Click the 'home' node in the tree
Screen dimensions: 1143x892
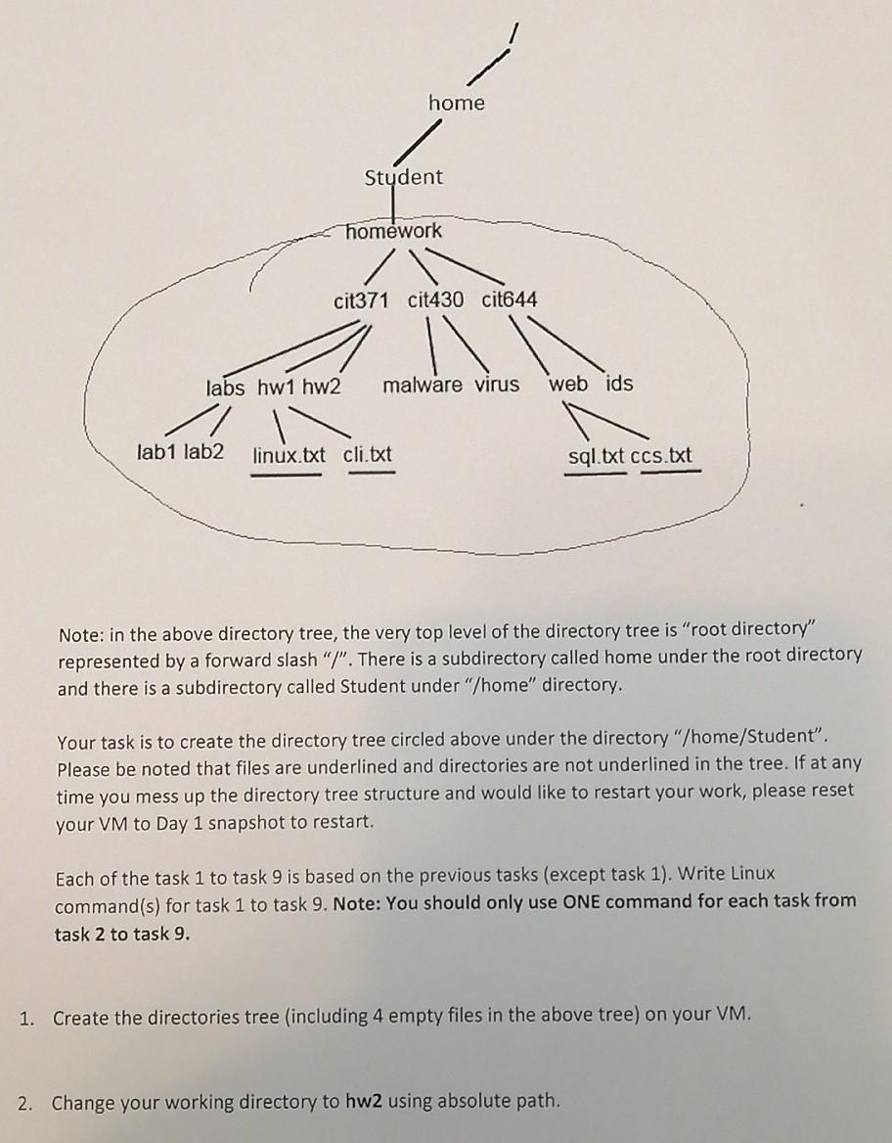click(456, 103)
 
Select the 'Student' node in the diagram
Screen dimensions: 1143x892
click(403, 177)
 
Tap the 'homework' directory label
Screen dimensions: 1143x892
click(395, 231)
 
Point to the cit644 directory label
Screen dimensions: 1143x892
click(510, 299)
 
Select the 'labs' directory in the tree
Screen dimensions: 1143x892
click(226, 388)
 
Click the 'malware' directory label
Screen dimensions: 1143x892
click(423, 385)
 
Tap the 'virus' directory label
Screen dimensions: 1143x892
click(497, 384)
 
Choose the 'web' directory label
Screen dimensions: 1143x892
click(568, 384)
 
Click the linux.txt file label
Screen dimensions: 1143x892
click(289, 455)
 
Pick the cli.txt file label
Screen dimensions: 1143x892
click(368, 455)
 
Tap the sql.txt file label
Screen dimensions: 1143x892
click(597, 456)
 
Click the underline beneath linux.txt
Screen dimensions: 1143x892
click(287, 476)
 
